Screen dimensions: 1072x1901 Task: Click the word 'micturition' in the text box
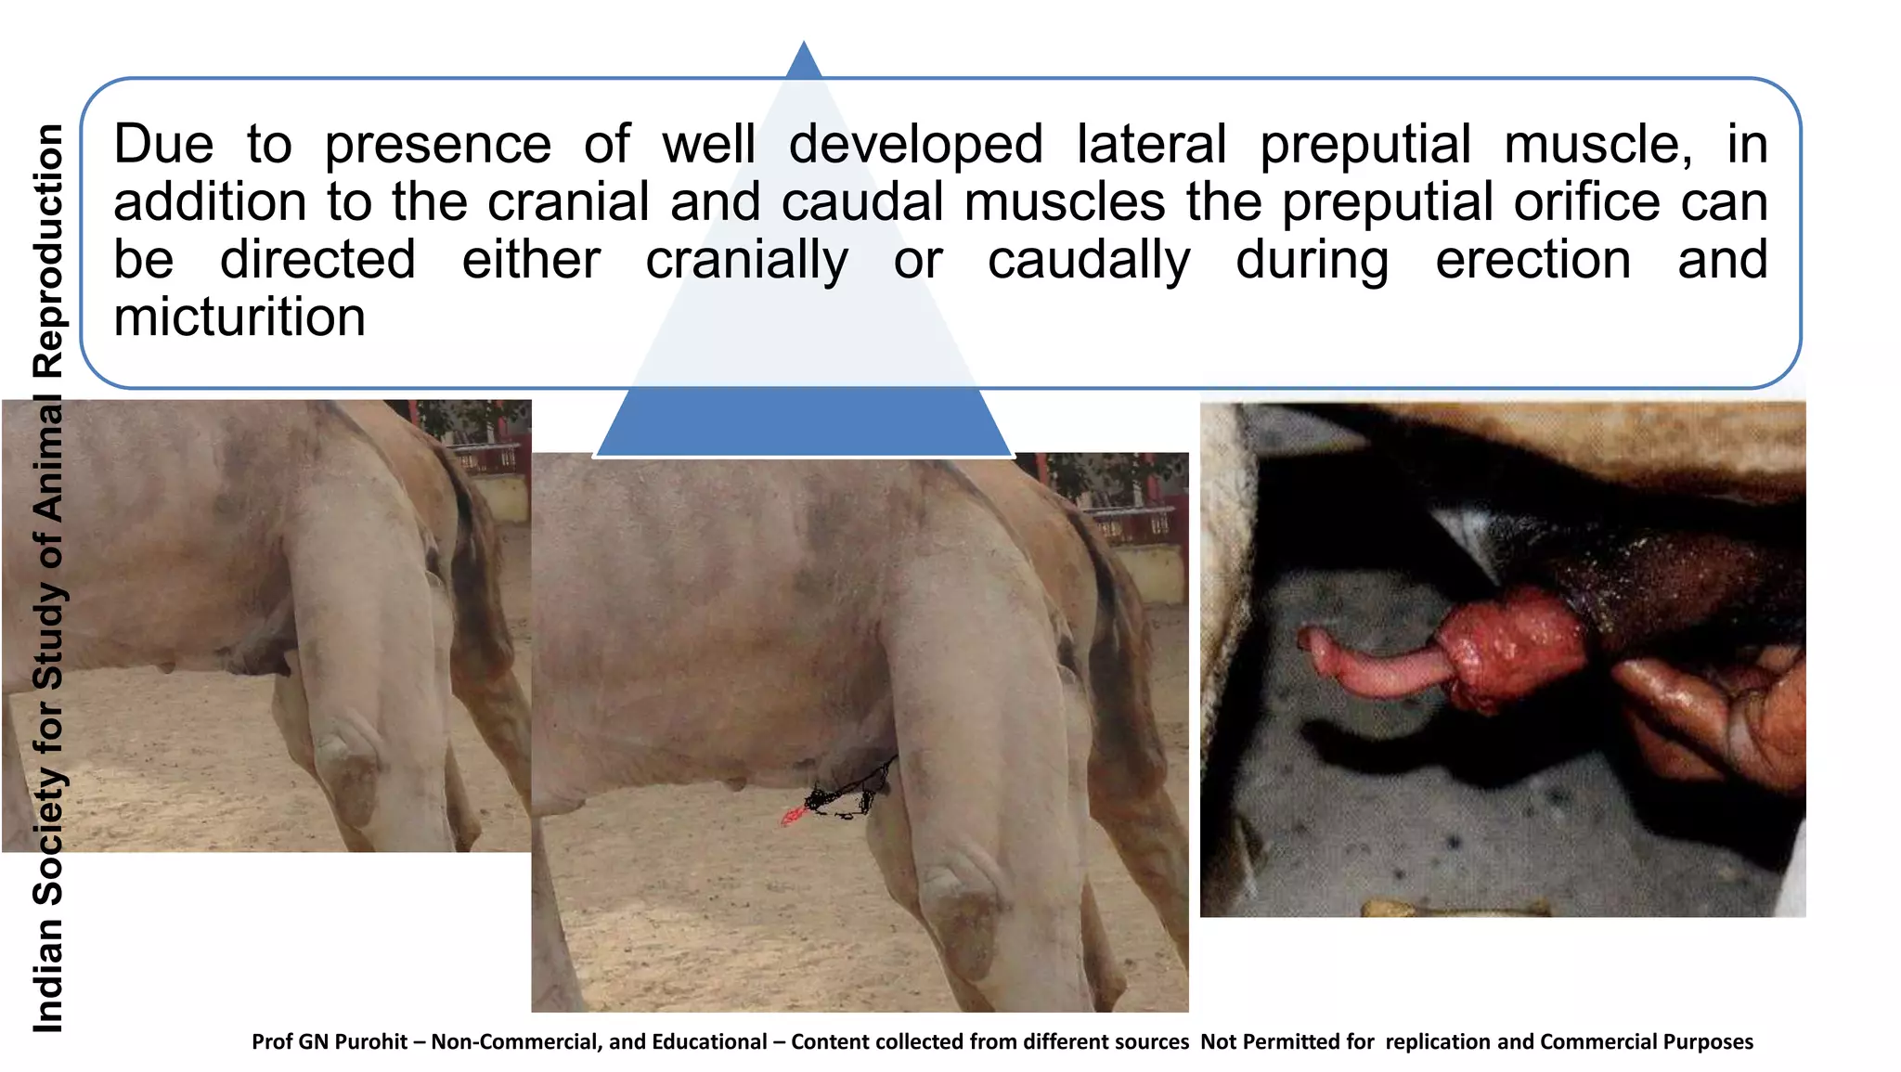[x=239, y=318]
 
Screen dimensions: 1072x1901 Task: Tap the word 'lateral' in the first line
[x=1151, y=145]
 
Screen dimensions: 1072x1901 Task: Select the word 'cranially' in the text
[x=746, y=261]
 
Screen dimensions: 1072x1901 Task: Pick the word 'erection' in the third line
[x=1532, y=261]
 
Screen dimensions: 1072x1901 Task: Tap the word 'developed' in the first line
[x=915, y=147]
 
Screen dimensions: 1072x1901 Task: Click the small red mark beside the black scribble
[x=791, y=817]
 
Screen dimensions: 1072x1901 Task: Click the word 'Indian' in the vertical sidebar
[x=48, y=975]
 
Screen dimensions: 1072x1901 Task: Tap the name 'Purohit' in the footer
[x=370, y=1041]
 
